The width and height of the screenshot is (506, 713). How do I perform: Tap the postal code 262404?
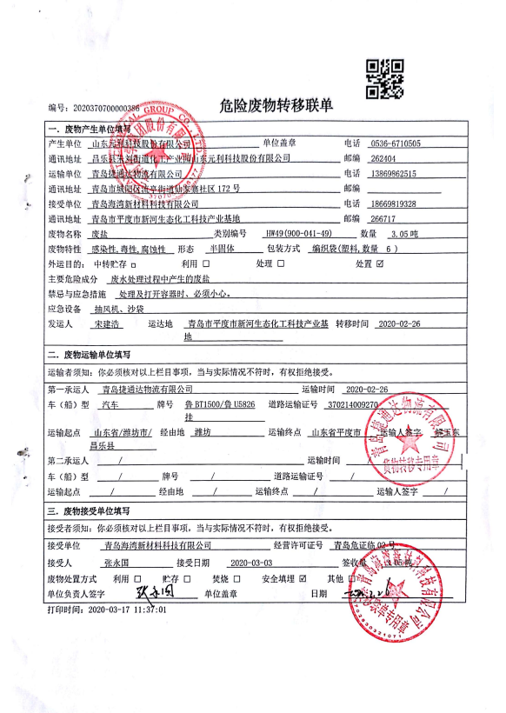tap(382, 158)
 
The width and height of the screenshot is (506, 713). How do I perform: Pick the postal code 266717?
tap(382, 219)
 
